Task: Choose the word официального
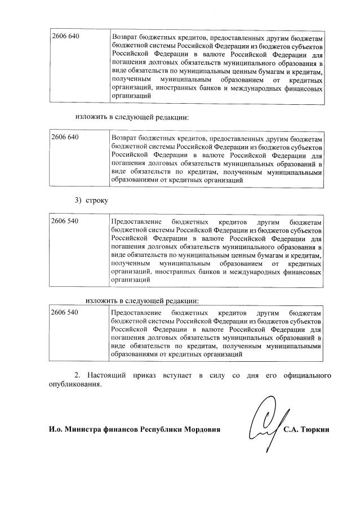(305, 376)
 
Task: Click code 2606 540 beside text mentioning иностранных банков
(65, 221)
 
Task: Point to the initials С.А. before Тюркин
(292, 430)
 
